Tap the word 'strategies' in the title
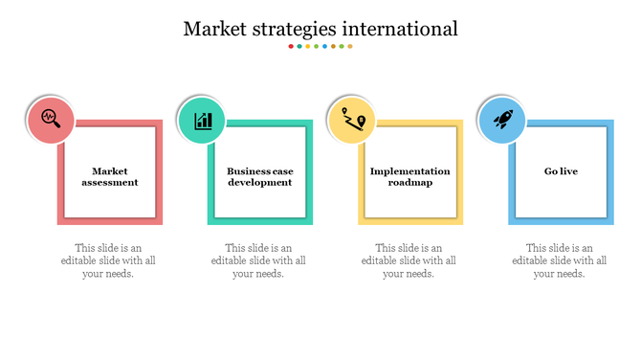click(295, 30)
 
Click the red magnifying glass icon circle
click(51, 121)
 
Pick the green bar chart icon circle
click(202, 121)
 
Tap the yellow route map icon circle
click(352, 121)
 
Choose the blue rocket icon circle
click(502, 121)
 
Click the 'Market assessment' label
click(110, 176)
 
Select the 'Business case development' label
click(260, 176)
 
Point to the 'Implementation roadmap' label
click(410, 176)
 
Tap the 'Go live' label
click(561, 171)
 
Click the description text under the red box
click(108, 260)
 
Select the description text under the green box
click(258, 260)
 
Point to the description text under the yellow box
click(409, 260)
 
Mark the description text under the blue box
click(559, 260)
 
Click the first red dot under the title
click(291, 46)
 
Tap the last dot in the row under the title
click(350, 46)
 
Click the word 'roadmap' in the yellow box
click(410, 182)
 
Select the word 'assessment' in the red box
click(110, 182)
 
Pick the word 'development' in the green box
click(260, 182)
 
